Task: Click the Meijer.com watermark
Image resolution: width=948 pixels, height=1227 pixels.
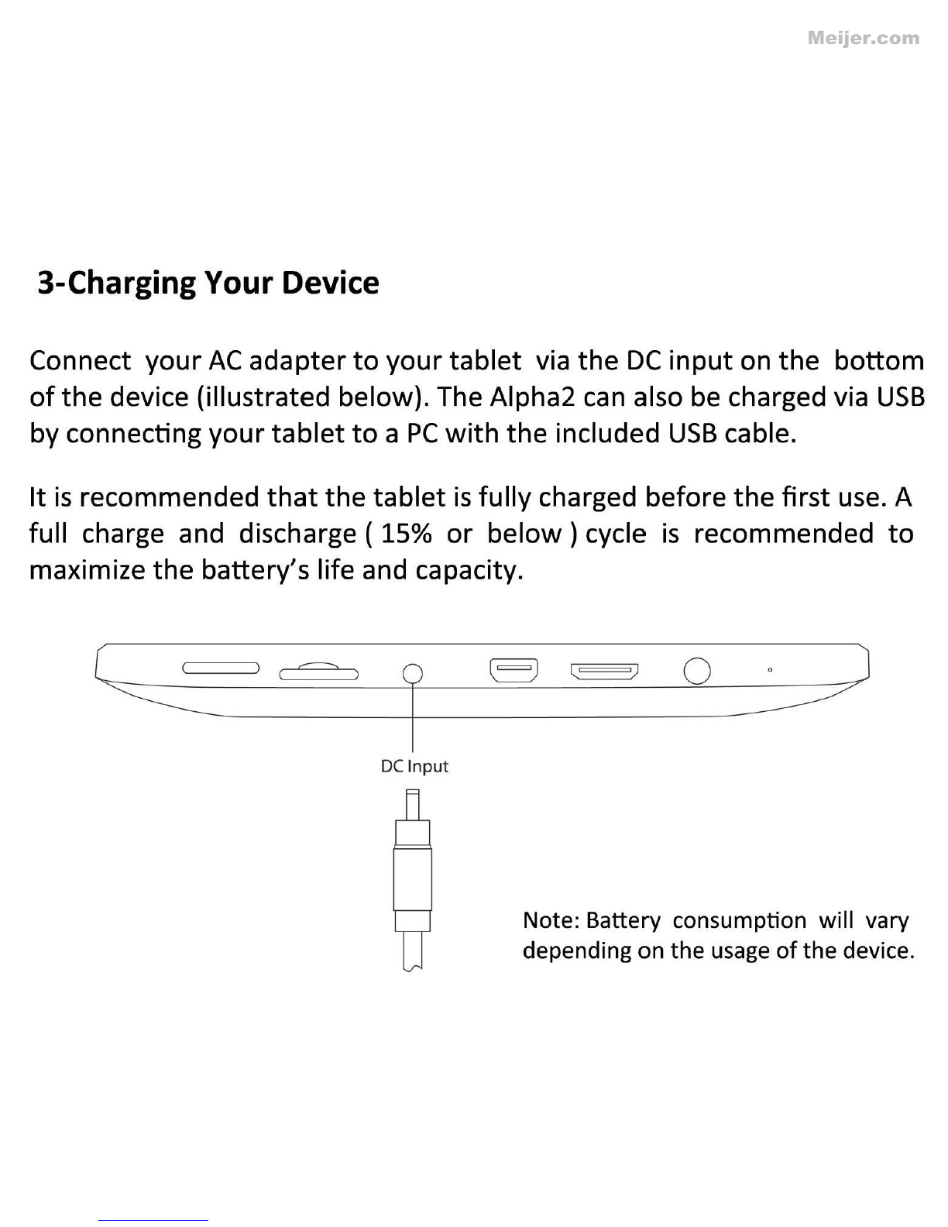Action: (863, 39)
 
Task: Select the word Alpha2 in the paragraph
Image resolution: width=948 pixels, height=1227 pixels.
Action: (532, 398)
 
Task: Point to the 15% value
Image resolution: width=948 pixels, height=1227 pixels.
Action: (407, 534)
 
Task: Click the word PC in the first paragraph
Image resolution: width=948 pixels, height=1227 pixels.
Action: (422, 434)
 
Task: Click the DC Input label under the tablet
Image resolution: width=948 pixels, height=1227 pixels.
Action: (414, 766)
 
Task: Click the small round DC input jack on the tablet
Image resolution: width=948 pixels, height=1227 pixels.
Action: (413, 674)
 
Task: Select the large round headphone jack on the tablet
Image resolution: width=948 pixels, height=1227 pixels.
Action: (697, 671)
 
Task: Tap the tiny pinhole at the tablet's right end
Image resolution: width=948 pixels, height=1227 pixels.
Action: (770, 670)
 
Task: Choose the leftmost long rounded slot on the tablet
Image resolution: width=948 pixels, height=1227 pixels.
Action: (221, 668)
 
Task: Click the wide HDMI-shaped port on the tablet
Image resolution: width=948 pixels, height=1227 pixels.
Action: (604, 672)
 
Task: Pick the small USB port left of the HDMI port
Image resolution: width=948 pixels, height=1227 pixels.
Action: (513, 670)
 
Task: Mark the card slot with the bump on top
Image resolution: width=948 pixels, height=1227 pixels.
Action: (319, 672)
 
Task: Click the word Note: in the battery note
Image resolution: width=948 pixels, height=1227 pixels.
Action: (551, 921)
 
